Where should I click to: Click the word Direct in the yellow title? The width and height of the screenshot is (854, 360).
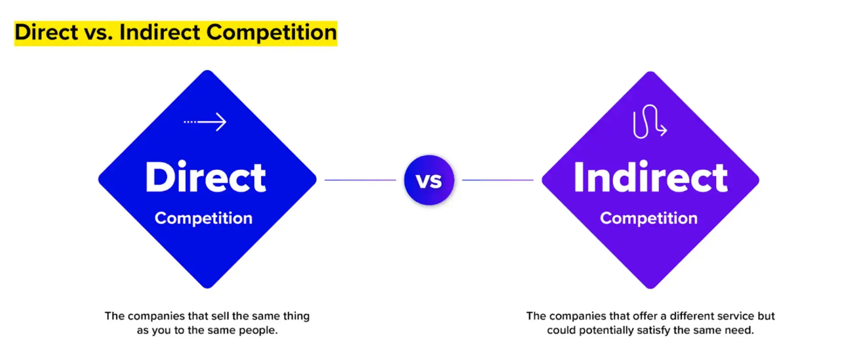46,33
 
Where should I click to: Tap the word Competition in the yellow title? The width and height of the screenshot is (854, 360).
271,33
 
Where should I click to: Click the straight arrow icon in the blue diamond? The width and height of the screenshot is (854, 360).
206,122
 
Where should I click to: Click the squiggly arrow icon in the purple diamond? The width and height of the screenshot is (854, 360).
649,121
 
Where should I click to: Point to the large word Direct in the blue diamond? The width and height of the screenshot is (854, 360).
206,177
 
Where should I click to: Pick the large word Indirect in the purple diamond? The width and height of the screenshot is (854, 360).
650,177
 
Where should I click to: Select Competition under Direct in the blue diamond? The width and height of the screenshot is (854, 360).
203,218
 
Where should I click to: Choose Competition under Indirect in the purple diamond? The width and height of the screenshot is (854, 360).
649,218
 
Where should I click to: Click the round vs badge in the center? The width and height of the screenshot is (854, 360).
429,180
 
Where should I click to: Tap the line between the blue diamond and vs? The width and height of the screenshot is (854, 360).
360,180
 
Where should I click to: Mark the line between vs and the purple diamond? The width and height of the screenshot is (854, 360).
497,180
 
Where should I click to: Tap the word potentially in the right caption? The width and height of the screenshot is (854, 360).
606,330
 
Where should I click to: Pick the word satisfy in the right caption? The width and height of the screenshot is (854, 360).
653,330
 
